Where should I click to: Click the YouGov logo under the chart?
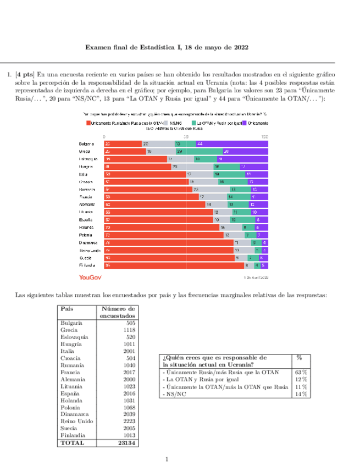coord(91,277)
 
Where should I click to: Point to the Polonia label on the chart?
coord(86,235)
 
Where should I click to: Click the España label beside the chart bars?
coord(86,219)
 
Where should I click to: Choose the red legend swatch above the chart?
coord(87,123)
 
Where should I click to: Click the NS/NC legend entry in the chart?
coord(175,123)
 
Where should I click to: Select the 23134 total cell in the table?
coord(126,442)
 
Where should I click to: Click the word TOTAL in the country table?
coord(73,442)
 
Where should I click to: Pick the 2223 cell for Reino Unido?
coord(127,421)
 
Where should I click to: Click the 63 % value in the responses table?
coord(300,372)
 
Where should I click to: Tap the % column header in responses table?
coord(300,357)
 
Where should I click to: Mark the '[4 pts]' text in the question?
coord(24,74)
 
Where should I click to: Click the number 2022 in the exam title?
coord(237,47)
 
